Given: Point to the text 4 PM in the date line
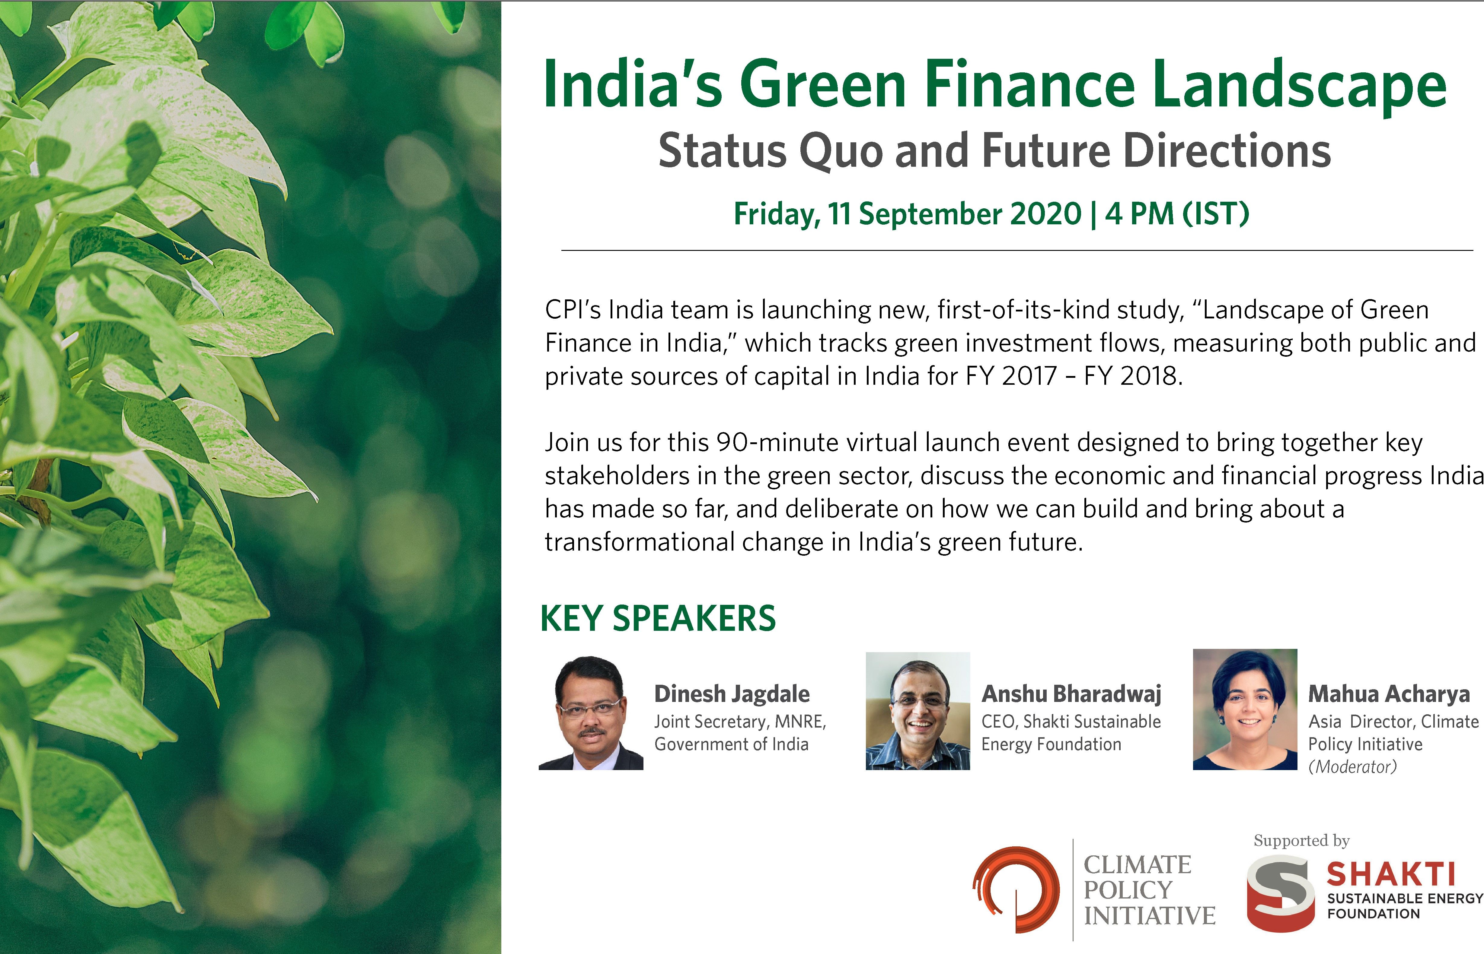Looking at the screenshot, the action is point(1139,214).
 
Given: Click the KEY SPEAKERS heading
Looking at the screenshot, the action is point(658,618).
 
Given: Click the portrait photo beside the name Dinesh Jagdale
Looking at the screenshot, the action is point(591,712).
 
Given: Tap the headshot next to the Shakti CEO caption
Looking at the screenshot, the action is point(918,711).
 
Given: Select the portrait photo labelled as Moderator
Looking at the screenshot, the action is point(1245,709).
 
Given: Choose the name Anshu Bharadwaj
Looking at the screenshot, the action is point(1071,694).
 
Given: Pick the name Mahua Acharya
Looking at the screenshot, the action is point(1389,694).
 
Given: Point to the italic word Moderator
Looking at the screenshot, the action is point(1353,767).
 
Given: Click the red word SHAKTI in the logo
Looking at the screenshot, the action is point(1390,875).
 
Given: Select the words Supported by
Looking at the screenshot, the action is point(1302,841).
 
